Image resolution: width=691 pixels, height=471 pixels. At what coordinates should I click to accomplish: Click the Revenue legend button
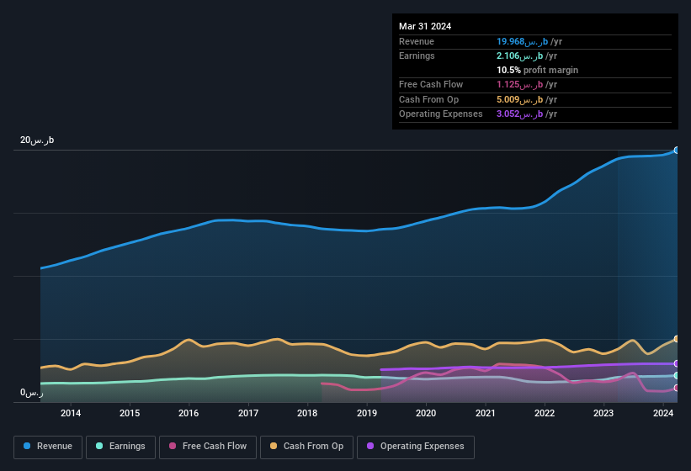pos(48,446)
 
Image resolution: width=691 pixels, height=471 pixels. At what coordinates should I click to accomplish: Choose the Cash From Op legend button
pos(306,446)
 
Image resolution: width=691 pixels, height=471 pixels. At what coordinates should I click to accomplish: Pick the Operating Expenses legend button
pos(415,446)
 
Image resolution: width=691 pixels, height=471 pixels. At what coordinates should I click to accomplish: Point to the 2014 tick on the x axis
pos(71,413)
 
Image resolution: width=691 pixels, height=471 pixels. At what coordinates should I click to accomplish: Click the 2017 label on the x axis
pos(248,413)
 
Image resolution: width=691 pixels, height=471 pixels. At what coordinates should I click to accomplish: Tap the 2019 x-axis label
pos(367,413)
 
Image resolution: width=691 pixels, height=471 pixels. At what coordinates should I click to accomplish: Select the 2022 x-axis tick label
pos(545,413)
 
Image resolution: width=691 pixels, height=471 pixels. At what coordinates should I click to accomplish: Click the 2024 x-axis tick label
pos(663,413)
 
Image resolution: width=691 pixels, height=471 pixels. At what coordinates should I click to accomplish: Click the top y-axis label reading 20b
pos(37,140)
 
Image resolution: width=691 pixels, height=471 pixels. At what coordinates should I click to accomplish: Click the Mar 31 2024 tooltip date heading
pos(425,26)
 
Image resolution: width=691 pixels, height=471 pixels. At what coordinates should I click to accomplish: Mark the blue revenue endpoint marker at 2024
pos(677,151)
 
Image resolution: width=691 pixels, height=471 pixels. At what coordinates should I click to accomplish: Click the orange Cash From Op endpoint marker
pos(677,339)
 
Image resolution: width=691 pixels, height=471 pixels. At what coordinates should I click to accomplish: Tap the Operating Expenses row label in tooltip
pos(441,114)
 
